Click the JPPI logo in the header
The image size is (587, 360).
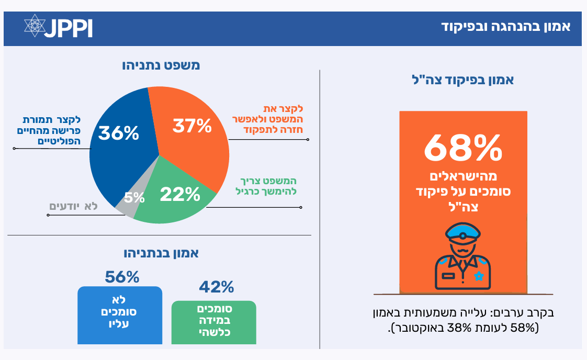[x=58, y=27]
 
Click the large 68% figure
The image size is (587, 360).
[x=463, y=149]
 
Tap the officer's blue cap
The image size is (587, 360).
[x=461, y=234]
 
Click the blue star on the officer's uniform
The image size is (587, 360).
[x=478, y=276]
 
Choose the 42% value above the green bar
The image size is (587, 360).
[x=216, y=287]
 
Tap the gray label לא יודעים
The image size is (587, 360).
[x=74, y=206]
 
